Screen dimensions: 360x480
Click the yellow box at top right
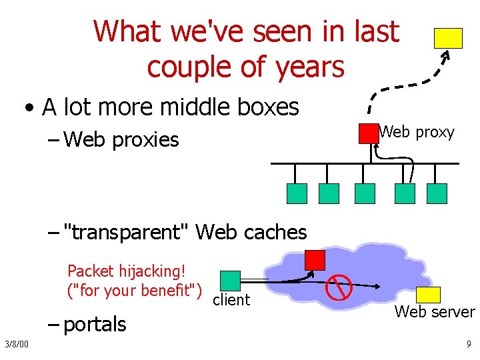click(448, 38)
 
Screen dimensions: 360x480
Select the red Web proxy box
click(368, 133)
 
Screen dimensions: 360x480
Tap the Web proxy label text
click(417, 132)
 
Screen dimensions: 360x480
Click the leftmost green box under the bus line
click(297, 193)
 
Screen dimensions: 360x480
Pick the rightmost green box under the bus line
click(437, 193)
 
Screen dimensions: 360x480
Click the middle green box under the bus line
click(365, 193)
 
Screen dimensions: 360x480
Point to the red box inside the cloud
click(315, 260)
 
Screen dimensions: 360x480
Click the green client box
click(230, 281)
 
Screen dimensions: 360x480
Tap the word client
click(231, 300)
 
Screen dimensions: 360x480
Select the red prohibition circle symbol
click(339, 287)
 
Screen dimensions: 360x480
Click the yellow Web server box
click(429, 295)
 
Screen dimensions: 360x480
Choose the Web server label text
click(435, 312)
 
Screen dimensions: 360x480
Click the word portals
click(96, 325)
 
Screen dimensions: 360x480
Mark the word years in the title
click(311, 67)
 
